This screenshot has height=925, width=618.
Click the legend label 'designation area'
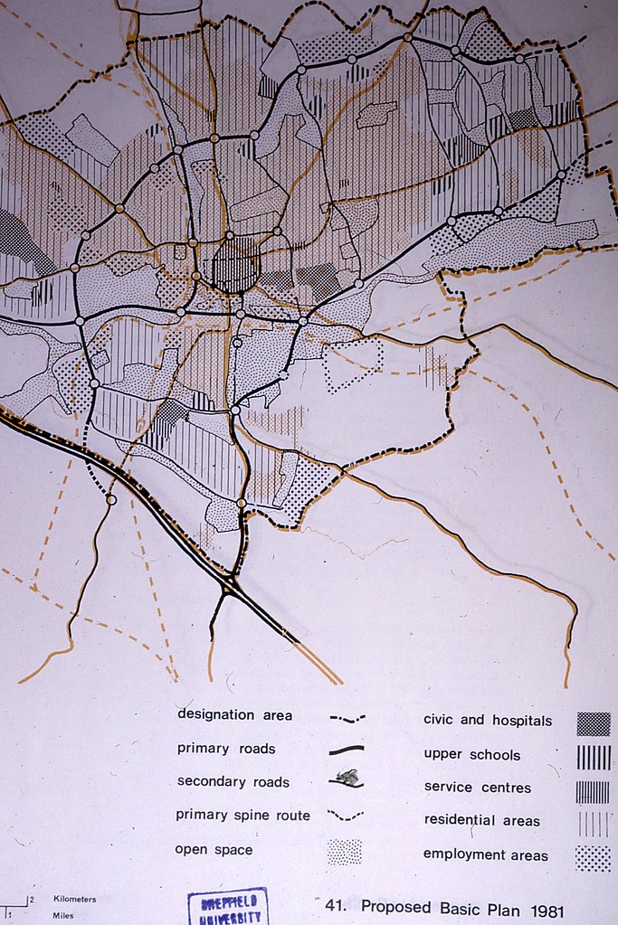234,714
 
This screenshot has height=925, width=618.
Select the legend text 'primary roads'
226,749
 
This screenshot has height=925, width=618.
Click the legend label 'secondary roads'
233,781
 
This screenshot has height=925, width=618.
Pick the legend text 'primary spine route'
242,815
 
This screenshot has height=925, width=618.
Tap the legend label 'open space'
214,849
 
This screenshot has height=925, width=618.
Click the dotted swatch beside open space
344,852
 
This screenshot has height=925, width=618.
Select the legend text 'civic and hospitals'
488,721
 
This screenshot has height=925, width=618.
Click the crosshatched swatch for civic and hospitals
593,723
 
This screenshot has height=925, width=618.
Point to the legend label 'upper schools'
472,753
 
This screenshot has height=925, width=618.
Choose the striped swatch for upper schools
593,757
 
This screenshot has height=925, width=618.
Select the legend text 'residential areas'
481,820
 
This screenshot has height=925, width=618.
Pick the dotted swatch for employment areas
593,858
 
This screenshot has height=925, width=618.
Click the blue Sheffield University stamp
228,907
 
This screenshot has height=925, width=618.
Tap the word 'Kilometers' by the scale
75,900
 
